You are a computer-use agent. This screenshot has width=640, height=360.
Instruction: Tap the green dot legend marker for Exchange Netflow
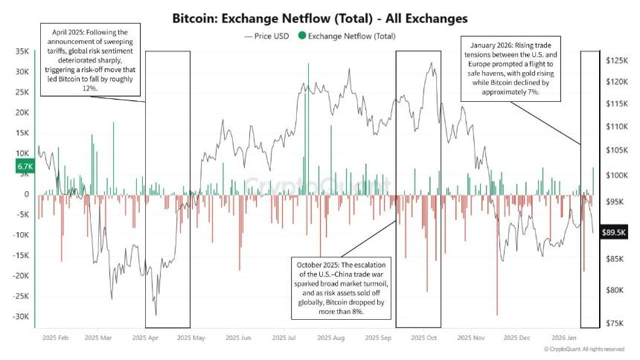tap(301, 36)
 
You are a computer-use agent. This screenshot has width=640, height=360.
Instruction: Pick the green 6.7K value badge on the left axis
tap(23, 167)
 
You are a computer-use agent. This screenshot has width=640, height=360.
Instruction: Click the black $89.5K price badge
tap(617, 231)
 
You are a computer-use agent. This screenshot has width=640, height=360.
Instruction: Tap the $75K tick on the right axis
tap(615, 323)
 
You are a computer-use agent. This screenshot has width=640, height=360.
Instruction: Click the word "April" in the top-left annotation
tap(63, 33)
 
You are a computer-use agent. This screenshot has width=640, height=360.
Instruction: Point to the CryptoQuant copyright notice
tap(583, 349)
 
